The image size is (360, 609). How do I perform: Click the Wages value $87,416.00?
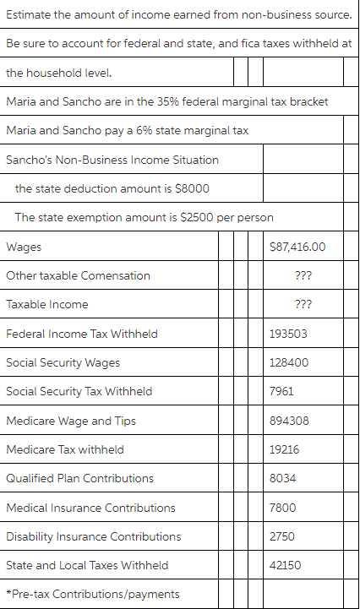(296, 247)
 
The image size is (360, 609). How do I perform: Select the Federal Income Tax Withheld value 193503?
(288, 334)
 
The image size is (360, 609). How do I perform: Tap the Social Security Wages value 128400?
(288, 362)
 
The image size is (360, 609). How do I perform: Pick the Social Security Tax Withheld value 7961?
(281, 391)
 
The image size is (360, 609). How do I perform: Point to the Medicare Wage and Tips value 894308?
(288, 421)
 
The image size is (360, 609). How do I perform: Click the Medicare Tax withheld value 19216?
(284, 449)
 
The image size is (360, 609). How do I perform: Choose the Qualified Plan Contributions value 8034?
(282, 478)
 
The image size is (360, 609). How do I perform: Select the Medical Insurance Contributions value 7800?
(282, 508)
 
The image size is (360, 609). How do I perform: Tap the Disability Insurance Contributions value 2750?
(282, 536)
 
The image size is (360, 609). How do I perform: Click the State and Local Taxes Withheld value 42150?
(285, 565)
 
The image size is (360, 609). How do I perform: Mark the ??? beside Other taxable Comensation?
(303, 275)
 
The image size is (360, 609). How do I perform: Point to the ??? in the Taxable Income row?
(303, 304)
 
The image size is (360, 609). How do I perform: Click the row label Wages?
(23, 247)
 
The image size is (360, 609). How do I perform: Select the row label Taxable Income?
(46, 304)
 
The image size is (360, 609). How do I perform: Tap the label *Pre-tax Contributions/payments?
(92, 594)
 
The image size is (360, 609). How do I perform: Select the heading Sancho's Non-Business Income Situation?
(112, 160)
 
